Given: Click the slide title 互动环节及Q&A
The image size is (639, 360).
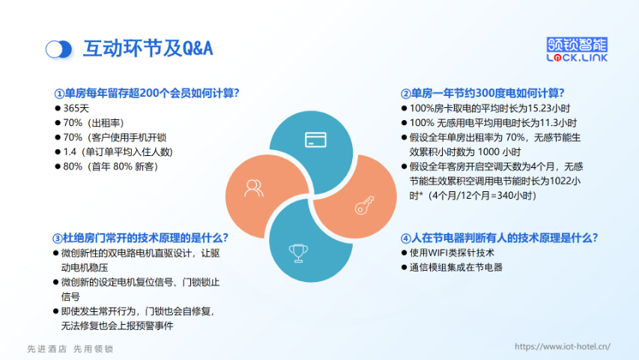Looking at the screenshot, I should coord(148,49).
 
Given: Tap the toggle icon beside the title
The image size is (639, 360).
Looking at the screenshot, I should coord(58,49).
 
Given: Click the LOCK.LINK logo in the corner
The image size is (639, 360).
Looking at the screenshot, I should coord(578,49).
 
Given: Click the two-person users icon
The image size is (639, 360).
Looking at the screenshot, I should coord(254,188).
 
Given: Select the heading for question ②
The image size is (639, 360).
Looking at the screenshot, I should coord(482,94).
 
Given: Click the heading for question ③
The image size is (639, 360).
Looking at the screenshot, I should coord(141,238).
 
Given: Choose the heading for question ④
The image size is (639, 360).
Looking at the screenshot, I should coord(499,238).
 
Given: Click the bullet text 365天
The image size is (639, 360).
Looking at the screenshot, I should coord(76,109).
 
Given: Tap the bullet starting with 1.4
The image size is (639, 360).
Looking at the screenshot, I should coord(118,151).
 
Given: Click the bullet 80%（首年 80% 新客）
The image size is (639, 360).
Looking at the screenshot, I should coord(111,166).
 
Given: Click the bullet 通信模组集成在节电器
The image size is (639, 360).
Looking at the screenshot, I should coord(455,267).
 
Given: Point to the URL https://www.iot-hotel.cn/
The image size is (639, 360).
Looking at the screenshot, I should coord(563,346).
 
